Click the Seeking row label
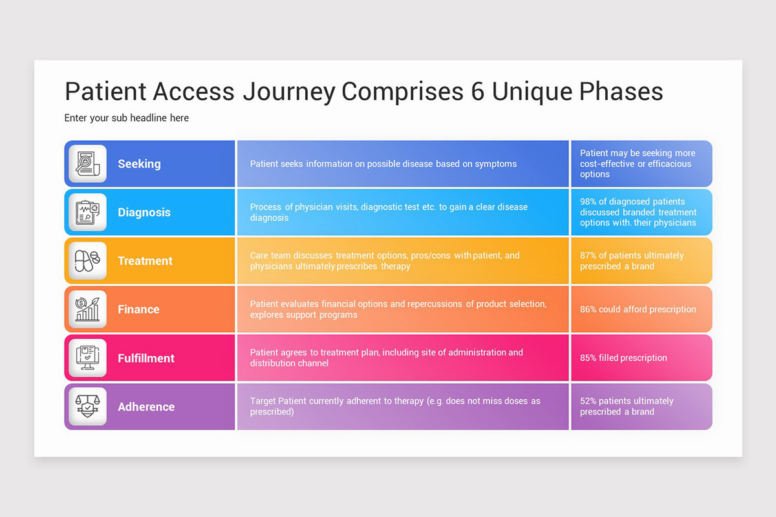pyautogui.click(x=139, y=164)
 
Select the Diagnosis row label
pyautogui.click(x=144, y=213)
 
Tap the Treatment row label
pyautogui.click(x=145, y=261)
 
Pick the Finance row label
pyautogui.click(x=138, y=310)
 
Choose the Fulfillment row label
pyautogui.click(x=146, y=358)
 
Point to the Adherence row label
pyautogui.click(x=146, y=406)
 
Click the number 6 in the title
pyautogui.click(x=477, y=92)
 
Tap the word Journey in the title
pyautogui.click(x=288, y=92)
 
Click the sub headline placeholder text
pyautogui.click(x=127, y=118)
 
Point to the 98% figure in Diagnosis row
pyautogui.click(x=588, y=202)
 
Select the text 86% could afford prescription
pyautogui.click(x=638, y=310)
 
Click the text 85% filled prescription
pyautogui.click(x=623, y=358)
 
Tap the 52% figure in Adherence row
pyautogui.click(x=588, y=401)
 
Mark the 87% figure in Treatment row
pyautogui.click(x=588, y=256)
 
